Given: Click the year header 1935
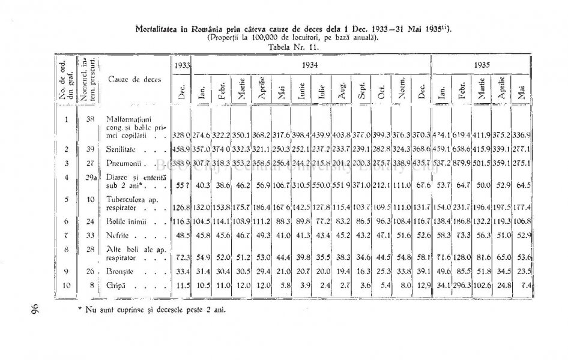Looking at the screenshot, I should (x=482, y=65).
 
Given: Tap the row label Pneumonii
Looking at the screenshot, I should (x=122, y=163).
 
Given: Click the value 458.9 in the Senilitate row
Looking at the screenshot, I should (x=182, y=148).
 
